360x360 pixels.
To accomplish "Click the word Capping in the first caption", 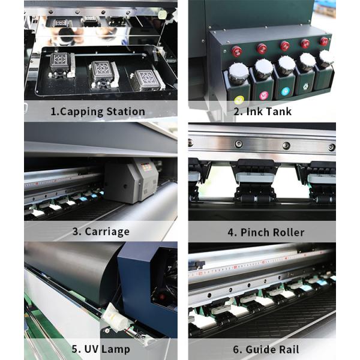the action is [81, 112].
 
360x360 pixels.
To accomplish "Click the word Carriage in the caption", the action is [107, 232].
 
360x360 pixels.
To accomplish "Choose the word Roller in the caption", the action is [288, 232].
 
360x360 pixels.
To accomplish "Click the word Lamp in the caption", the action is [115, 349].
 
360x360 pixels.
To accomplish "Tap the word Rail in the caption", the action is [288, 349].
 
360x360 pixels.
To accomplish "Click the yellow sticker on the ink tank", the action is [239, 100].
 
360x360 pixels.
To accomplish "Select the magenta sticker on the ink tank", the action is [264, 95].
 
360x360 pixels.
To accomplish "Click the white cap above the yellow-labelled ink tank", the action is [239, 71].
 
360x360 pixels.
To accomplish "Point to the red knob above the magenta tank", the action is [262, 49].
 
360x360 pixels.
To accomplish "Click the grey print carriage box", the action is [131, 181].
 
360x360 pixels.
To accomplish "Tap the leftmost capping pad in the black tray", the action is [60, 64].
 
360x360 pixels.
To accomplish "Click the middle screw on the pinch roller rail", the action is [286, 145].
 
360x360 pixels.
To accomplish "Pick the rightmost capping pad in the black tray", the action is [147, 80].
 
